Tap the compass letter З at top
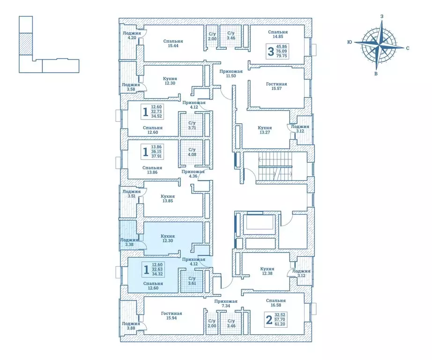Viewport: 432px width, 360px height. pos(382,17)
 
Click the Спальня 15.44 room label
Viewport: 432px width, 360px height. pos(173,44)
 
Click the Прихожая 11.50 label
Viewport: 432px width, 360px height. pos(231,74)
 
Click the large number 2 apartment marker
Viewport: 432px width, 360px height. pos(269,320)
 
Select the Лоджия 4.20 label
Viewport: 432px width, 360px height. pos(130,36)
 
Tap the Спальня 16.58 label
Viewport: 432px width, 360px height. pos(276,304)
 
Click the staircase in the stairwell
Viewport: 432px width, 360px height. pos(275,168)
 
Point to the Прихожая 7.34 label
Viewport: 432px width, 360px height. pos(226,304)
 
